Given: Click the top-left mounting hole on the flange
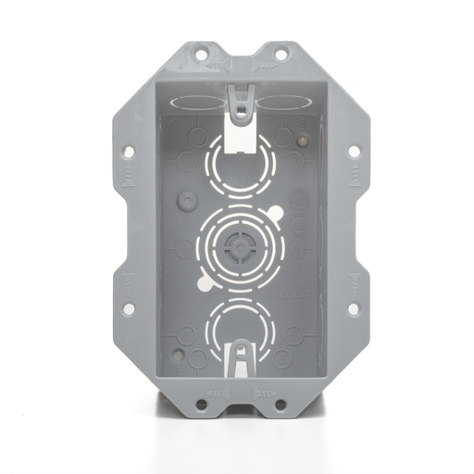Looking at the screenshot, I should [x=200, y=56].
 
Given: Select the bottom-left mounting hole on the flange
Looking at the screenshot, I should [x=201, y=404].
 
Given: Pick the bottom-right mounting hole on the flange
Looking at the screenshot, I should [x=279, y=404].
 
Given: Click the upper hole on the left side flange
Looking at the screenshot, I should [x=128, y=150].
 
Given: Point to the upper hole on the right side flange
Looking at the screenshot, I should [x=353, y=150].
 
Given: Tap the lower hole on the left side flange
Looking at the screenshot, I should [x=128, y=308].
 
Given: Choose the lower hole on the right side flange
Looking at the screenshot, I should [x=353, y=308].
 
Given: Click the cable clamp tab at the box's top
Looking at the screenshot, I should [x=240, y=102].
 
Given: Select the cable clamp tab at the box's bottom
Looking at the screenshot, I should [x=240, y=356].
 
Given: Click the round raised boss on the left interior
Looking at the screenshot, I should [x=187, y=199].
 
